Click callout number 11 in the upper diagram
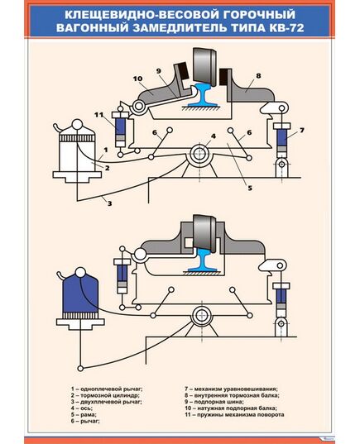(x=99, y=115)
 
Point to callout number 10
(x=137, y=79)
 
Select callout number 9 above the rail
(x=159, y=71)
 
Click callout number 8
(x=258, y=76)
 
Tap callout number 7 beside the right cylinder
(x=301, y=131)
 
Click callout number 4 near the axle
(x=214, y=136)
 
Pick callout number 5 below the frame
(x=250, y=188)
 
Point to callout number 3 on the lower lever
(x=110, y=203)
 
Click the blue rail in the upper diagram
(x=202, y=95)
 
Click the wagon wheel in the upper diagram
(x=204, y=67)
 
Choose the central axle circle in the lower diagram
(x=202, y=316)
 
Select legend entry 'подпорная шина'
(x=218, y=402)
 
